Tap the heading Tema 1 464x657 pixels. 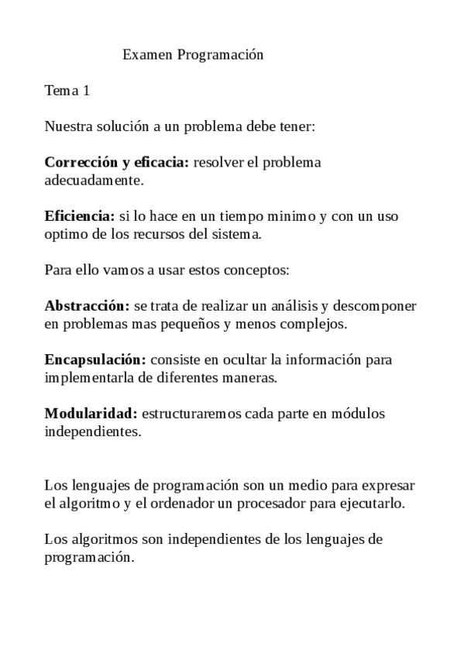coord(67,91)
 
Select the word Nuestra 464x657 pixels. coord(67,126)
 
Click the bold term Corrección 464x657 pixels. coord(77,163)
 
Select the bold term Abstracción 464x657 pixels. coord(86,306)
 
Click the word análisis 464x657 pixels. coord(314,306)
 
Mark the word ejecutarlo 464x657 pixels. coord(376,504)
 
